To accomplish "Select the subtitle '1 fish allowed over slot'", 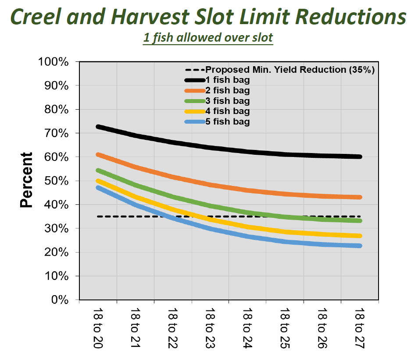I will [208, 38].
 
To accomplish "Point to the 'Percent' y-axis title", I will [27, 180].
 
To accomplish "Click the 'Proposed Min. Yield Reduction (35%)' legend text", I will [290, 70].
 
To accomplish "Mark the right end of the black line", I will [360, 157].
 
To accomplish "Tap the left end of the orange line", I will [98, 154].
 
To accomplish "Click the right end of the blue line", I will [360, 246].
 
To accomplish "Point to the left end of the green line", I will [98, 170].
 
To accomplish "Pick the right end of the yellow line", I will [360, 236].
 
